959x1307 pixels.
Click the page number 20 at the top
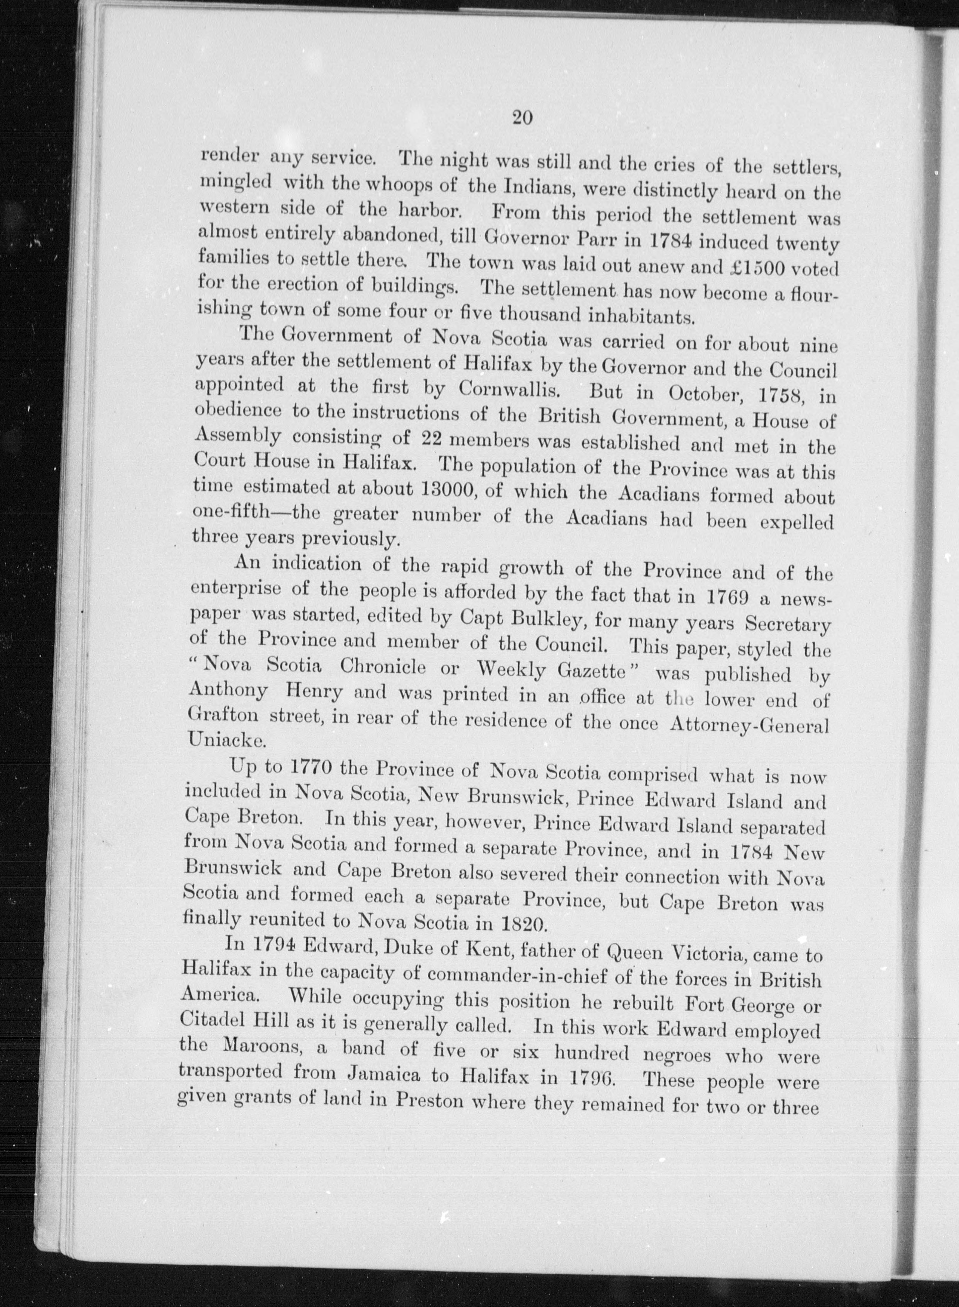[x=522, y=118]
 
